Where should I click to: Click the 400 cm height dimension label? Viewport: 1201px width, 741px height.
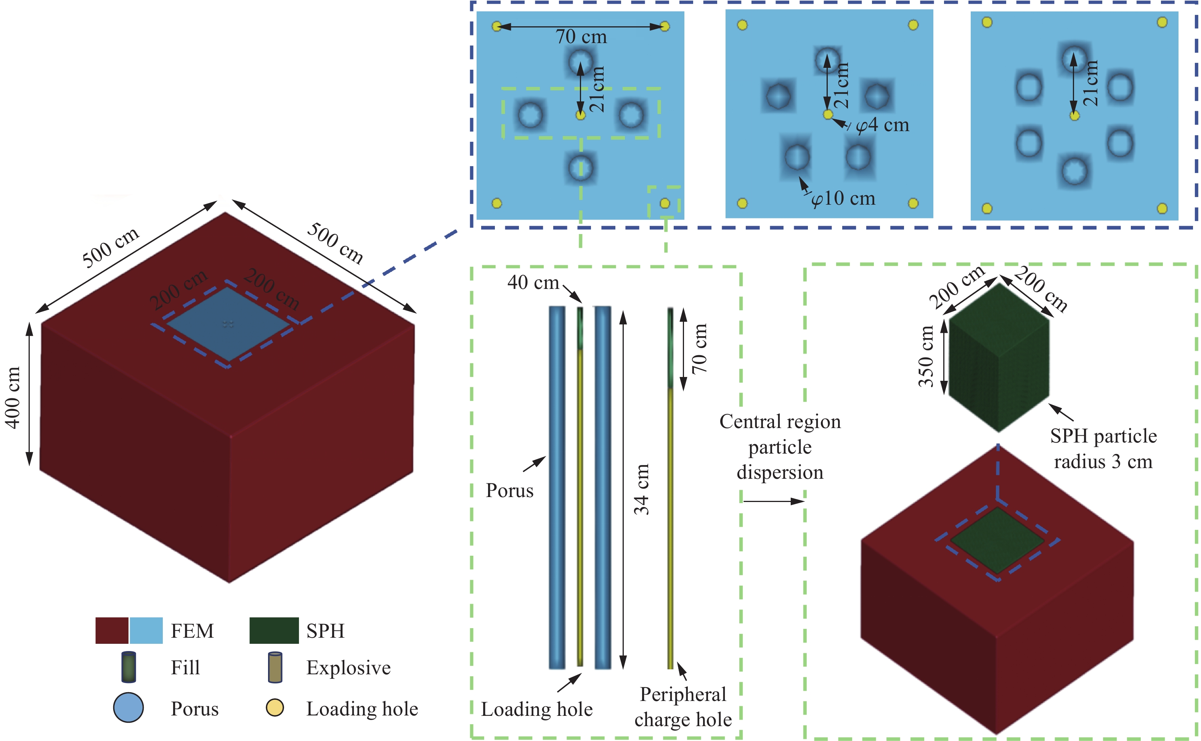point(13,398)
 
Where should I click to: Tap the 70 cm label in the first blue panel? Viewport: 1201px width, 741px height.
point(581,37)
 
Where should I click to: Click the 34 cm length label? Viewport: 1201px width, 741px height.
point(641,489)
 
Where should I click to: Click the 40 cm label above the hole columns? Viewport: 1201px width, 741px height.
point(533,282)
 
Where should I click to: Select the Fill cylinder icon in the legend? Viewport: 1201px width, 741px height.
point(128,667)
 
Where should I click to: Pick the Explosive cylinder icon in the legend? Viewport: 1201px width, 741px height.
point(275,667)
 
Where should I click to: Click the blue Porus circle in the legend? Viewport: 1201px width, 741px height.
point(128,708)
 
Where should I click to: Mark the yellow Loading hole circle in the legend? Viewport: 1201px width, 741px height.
point(275,708)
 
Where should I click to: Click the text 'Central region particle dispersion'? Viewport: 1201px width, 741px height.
point(780,447)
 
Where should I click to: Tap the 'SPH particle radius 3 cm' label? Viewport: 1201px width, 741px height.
point(1103,448)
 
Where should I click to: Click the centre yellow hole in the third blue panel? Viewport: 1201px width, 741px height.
point(1074,115)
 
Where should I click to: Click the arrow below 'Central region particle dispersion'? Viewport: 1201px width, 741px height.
point(774,501)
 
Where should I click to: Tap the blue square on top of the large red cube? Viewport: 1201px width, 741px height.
point(228,324)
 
